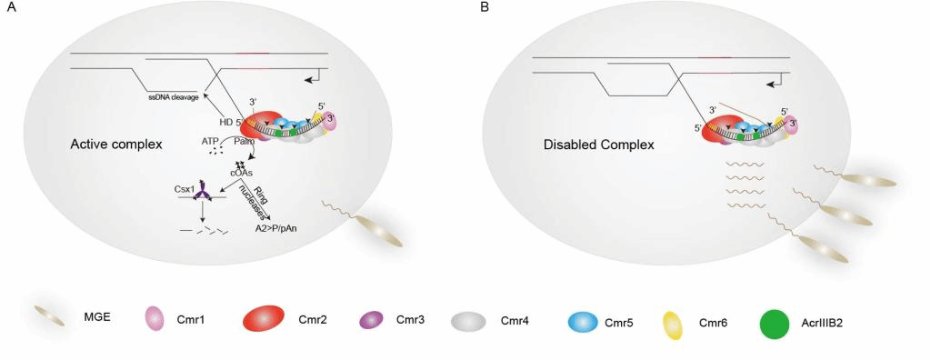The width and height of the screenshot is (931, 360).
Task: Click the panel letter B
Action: (x=485, y=7)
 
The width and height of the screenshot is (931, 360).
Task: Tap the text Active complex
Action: (x=115, y=145)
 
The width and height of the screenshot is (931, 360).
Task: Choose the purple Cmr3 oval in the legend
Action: (x=372, y=320)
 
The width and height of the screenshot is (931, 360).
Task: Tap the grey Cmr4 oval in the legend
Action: (x=470, y=320)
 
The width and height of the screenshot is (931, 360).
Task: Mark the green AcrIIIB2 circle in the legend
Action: (x=775, y=321)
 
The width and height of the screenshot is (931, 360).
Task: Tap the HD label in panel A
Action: (x=225, y=122)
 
